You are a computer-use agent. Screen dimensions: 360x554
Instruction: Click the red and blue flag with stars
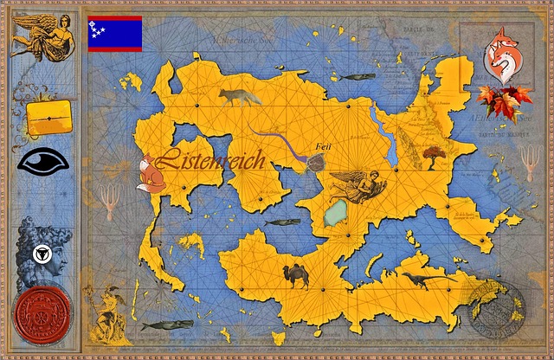click(115, 33)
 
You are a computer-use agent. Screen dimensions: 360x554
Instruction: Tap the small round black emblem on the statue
click(38, 254)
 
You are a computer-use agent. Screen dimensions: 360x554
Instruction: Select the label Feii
click(325, 146)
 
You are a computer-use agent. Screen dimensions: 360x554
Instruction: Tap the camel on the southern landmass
click(296, 276)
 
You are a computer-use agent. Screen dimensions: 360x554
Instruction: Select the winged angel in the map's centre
click(354, 185)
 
